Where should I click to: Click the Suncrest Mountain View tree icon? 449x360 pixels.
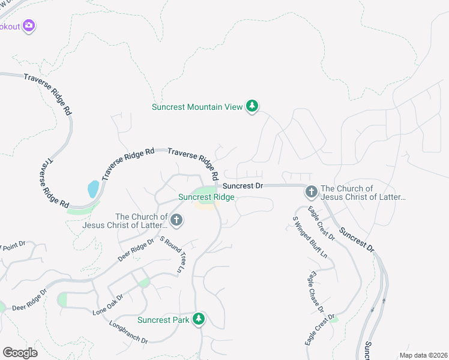tap(253, 107)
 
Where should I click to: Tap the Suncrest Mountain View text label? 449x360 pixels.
tap(197, 107)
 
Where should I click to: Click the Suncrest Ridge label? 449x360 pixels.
tap(206, 197)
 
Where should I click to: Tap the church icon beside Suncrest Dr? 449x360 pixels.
tap(311, 192)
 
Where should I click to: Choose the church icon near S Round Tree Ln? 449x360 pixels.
tap(176, 220)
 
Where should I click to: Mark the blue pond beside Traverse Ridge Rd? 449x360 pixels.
tap(93, 189)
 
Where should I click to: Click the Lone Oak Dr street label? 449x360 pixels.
tap(108, 305)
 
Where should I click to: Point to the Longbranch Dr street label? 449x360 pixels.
tap(128, 332)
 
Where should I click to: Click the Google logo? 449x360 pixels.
tap(20, 352)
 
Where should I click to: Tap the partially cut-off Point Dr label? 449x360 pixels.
tap(12, 246)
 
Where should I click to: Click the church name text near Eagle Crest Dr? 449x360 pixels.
tap(363, 193)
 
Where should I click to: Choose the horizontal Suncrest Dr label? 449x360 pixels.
tap(243, 186)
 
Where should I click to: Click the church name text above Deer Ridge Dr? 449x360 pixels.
tap(141, 221)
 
